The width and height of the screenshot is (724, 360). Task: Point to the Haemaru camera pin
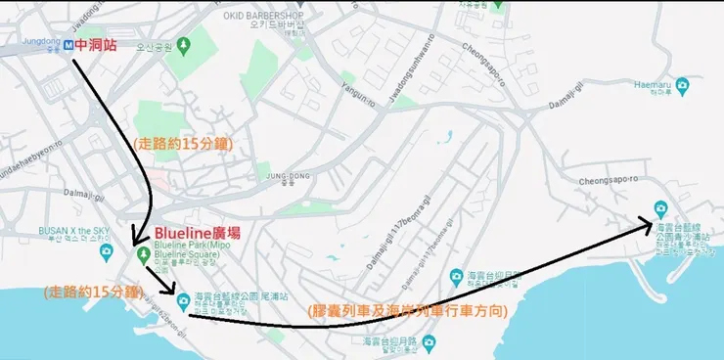pyautogui.click(x=682, y=84)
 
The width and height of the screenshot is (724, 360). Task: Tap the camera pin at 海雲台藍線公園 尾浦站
pyautogui.click(x=182, y=297)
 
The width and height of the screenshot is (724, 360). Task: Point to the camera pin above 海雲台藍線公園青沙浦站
pyautogui.click(x=660, y=209)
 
